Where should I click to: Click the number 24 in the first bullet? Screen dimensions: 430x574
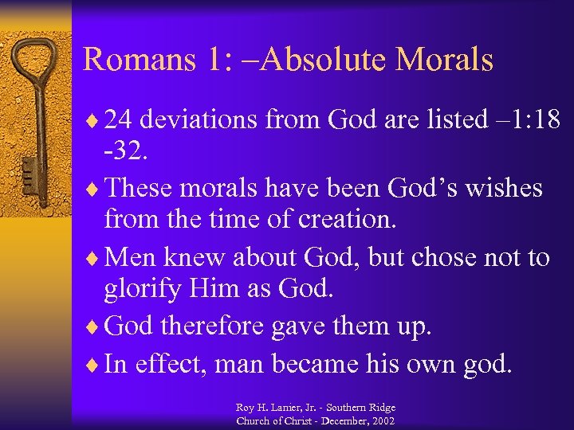pyautogui.click(x=118, y=119)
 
